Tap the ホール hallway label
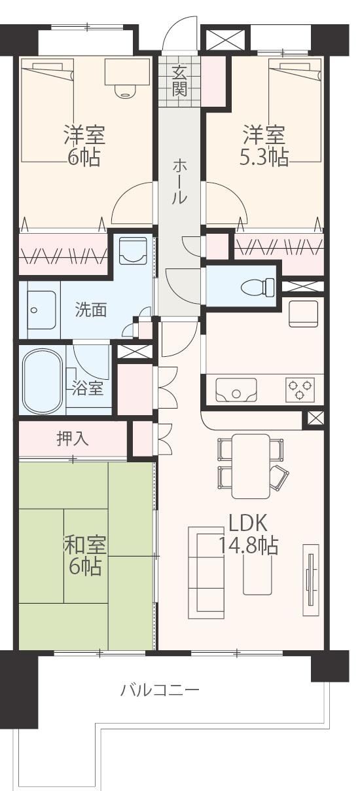click(179, 182)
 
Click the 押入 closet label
click(73, 439)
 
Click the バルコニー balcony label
click(160, 689)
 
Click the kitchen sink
click(236, 390)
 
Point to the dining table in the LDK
click(251, 466)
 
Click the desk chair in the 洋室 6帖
click(125, 91)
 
